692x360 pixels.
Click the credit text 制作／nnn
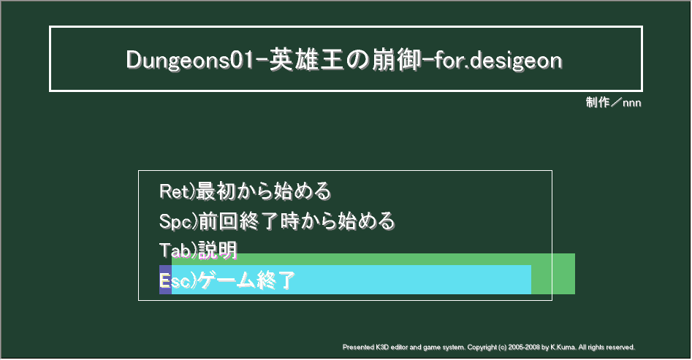click(613, 103)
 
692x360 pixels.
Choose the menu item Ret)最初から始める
click(245, 191)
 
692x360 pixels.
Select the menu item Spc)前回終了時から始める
click(277, 221)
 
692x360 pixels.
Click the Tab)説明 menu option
click(198, 250)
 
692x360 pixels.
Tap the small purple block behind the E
click(165, 280)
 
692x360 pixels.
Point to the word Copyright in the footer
click(482, 347)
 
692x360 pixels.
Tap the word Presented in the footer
click(358, 347)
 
